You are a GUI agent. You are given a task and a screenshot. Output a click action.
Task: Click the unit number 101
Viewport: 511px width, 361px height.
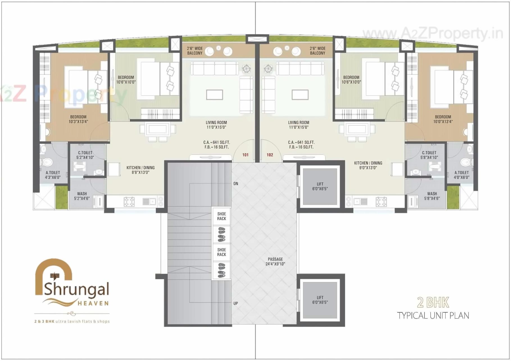(x=245, y=155)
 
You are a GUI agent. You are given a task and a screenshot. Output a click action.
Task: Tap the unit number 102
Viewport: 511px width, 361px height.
(x=270, y=155)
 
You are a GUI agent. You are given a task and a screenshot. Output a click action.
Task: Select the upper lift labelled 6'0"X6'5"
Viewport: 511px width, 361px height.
(x=320, y=186)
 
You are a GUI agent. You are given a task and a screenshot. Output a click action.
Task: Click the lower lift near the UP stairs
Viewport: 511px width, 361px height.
(x=320, y=300)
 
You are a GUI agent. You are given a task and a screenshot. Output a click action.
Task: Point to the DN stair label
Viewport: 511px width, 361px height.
(x=236, y=184)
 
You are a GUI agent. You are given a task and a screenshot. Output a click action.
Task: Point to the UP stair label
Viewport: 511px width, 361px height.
(x=236, y=303)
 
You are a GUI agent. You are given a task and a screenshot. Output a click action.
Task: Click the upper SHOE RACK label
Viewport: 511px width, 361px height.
(x=221, y=216)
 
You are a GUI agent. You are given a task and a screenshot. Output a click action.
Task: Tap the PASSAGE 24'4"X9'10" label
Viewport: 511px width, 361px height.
(x=275, y=261)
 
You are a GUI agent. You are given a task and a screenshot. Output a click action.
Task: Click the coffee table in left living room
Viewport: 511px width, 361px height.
(x=214, y=95)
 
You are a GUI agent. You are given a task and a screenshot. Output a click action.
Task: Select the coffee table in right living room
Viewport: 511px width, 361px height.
(x=300, y=95)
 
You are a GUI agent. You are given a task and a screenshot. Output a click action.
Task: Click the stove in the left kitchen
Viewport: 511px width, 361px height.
(x=129, y=202)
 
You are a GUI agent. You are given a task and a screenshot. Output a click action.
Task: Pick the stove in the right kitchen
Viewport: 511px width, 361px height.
(x=381, y=202)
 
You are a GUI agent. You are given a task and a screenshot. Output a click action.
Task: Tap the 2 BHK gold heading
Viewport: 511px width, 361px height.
(x=433, y=303)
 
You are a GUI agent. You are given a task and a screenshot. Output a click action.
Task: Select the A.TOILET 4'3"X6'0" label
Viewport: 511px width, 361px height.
(x=53, y=175)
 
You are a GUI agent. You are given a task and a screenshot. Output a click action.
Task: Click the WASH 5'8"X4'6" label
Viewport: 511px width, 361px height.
(x=432, y=196)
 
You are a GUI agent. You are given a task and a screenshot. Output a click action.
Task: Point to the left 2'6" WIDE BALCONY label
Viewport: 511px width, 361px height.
(x=195, y=51)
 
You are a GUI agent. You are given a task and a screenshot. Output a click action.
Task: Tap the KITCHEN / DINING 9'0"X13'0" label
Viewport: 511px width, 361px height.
(x=368, y=165)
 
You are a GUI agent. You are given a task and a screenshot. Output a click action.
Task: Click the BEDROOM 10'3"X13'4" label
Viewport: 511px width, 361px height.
(x=78, y=119)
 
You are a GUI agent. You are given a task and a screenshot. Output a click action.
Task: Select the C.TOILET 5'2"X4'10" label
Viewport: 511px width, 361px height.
(x=85, y=155)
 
